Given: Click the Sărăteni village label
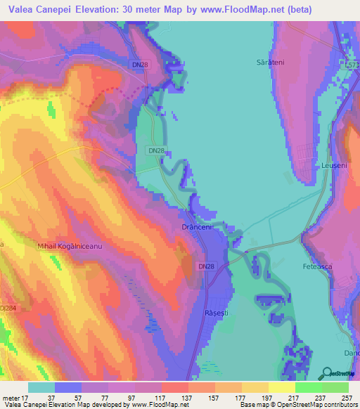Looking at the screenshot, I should coord(269,63).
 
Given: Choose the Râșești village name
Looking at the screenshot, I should coord(212,311).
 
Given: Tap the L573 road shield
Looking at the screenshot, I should coord(352,64).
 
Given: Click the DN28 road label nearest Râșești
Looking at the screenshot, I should coord(206,266).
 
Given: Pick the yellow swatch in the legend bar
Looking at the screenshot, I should coord(281,387).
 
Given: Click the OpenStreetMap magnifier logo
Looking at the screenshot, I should coord(326,372).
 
